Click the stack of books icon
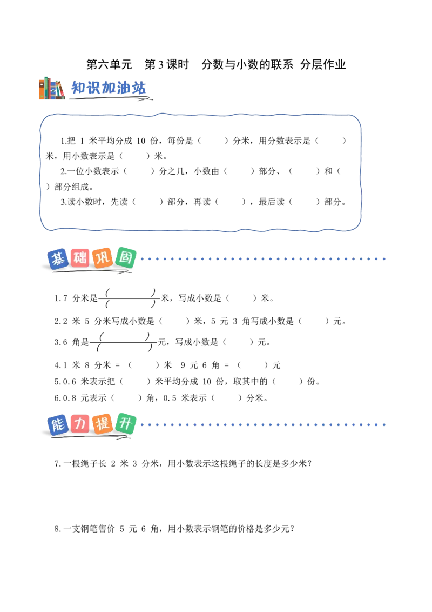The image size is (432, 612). click(x=52, y=88)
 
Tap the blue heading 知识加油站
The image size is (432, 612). click(x=109, y=88)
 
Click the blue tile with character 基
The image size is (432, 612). click(x=58, y=259)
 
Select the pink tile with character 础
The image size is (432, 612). click(x=80, y=258)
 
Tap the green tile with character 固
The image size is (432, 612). click(x=125, y=257)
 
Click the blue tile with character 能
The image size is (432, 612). click(x=58, y=424)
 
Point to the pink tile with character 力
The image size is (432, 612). click(x=80, y=424)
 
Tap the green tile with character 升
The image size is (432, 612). click(x=125, y=423)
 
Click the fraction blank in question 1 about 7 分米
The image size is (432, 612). click(x=130, y=298)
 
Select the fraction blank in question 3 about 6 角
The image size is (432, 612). click(x=124, y=342)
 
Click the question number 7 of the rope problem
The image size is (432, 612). click(x=57, y=464)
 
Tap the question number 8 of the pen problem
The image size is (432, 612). click(x=57, y=529)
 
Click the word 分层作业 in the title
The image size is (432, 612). click(x=323, y=64)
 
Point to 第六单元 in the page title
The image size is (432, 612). click(x=109, y=64)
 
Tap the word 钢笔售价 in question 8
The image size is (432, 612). click(x=98, y=529)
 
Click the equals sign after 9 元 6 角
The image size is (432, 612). click(x=226, y=365)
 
